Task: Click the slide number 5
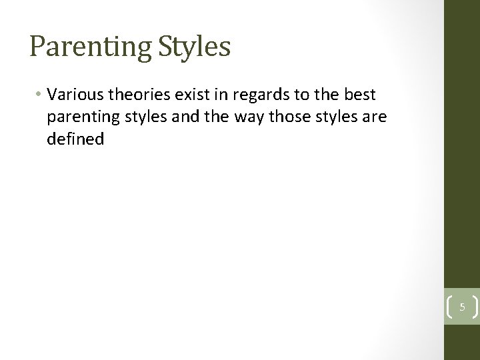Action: coord(461,308)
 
